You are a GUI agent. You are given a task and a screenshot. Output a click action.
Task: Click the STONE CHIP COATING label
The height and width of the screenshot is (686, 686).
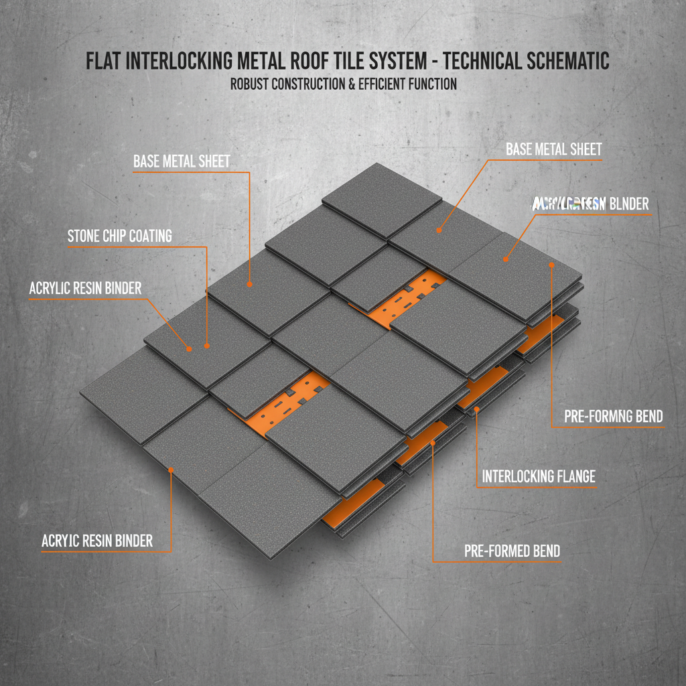click(120, 236)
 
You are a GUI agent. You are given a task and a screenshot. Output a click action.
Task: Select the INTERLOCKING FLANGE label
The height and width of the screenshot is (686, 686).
click(539, 477)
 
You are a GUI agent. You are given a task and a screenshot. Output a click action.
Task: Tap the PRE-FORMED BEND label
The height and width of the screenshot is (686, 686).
click(512, 551)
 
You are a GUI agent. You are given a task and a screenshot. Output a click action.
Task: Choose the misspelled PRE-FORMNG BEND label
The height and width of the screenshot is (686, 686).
click(613, 416)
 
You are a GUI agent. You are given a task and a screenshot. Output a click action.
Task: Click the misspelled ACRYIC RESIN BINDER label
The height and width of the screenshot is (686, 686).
click(97, 541)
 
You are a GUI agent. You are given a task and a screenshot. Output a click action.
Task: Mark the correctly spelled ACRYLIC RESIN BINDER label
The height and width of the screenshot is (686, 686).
click(85, 288)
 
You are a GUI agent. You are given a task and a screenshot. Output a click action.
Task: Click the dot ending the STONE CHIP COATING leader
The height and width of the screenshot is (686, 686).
click(207, 346)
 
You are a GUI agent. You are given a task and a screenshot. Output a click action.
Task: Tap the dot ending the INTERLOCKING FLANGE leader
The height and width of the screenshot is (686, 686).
click(476, 408)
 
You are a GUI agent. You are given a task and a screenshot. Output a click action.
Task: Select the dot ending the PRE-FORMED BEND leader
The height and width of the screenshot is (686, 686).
click(433, 442)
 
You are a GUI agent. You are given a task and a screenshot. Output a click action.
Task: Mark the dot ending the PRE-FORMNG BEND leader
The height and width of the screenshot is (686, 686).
click(551, 265)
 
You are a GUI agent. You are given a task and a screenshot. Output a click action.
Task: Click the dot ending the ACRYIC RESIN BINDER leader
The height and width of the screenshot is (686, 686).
click(171, 470)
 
